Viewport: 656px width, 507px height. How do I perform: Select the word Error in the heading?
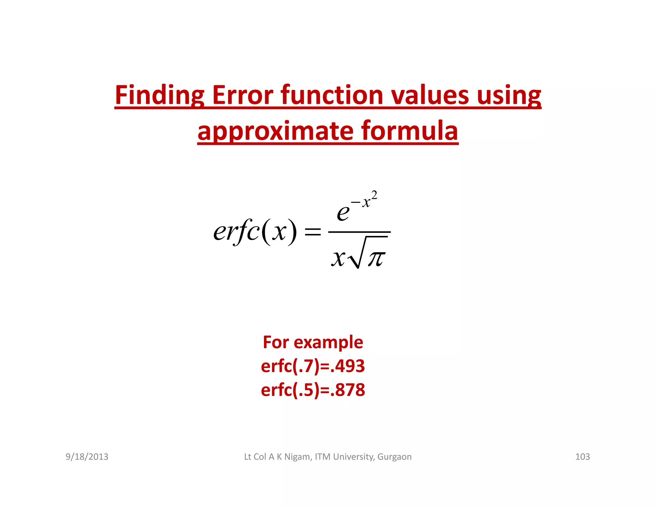(243, 95)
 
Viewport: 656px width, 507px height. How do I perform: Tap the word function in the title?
(332, 95)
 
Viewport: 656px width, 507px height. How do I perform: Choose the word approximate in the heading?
(275, 131)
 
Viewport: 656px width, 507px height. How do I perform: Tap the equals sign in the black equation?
(312, 231)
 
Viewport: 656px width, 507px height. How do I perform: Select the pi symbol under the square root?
(376, 258)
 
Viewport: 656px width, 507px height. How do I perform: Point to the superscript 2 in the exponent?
(374, 195)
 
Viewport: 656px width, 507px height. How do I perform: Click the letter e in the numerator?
(343, 212)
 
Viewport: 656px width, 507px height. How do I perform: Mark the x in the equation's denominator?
(338, 258)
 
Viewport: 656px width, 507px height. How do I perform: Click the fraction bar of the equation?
(359, 232)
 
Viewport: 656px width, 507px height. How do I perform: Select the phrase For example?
(313, 342)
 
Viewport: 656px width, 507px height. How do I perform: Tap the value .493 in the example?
(347, 366)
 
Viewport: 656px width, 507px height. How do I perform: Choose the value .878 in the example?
(347, 390)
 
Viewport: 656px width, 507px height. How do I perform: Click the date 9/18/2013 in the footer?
(87, 457)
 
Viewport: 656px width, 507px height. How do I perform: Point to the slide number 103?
(582, 457)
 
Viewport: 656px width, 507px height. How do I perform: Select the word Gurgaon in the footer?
(394, 457)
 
